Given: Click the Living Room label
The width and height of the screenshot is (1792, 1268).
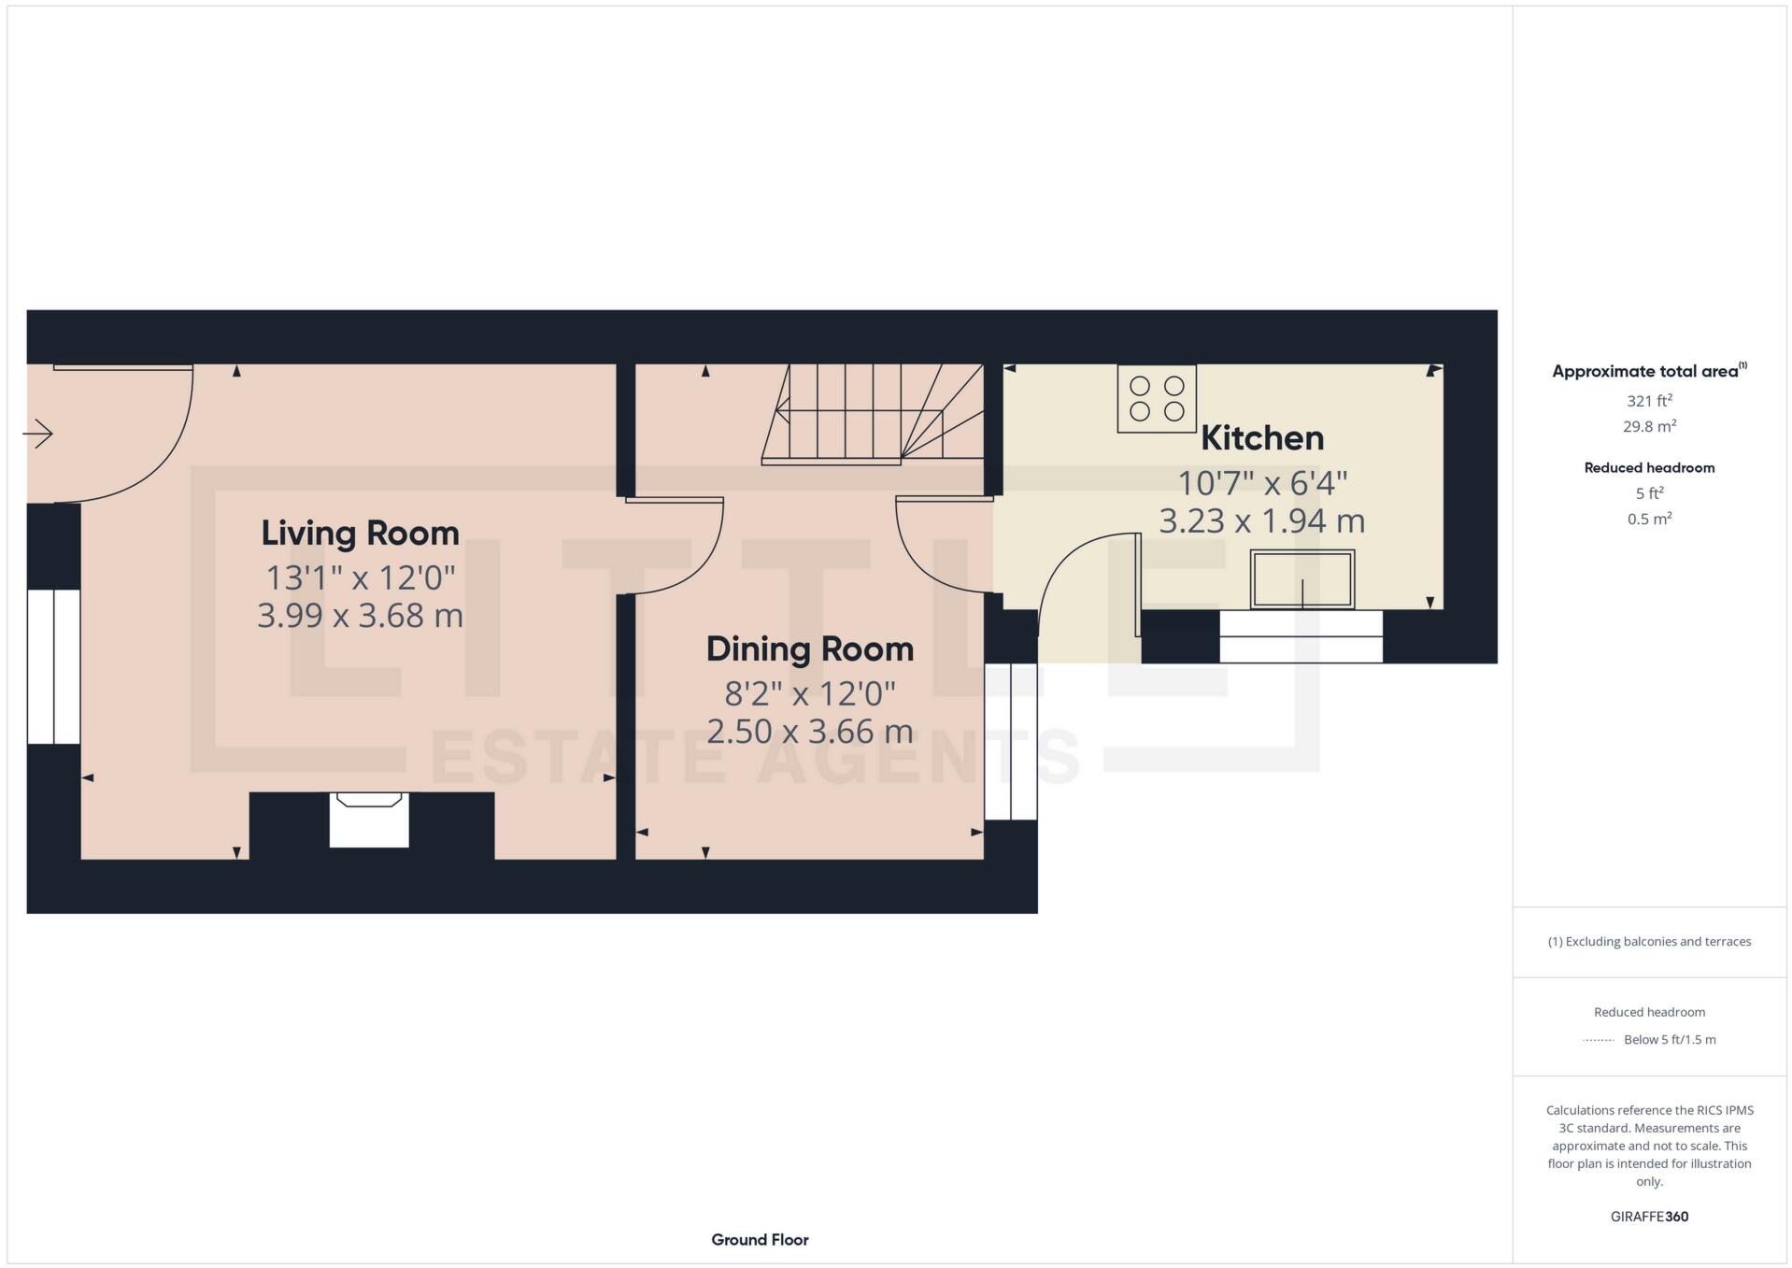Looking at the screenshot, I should pyautogui.click(x=360, y=533).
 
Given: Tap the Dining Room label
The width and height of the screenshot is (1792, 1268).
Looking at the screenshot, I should pyautogui.click(x=809, y=648).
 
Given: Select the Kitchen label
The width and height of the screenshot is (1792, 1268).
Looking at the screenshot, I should pyautogui.click(x=1261, y=437).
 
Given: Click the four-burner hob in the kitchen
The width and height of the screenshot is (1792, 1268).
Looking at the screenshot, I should pyautogui.click(x=1157, y=399).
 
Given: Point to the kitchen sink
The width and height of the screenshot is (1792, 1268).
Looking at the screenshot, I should pyautogui.click(x=1301, y=579).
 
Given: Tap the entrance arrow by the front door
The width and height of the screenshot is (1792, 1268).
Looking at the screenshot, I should pyautogui.click(x=38, y=434).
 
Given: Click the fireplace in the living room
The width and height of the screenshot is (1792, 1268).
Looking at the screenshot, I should pyautogui.click(x=369, y=819).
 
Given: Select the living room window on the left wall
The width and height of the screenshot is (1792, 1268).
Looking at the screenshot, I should pyautogui.click(x=53, y=666).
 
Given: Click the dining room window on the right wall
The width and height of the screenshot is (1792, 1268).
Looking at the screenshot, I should pyautogui.click(x=1011, y=742).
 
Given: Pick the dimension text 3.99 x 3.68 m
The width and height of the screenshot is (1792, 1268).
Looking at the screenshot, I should pyautogui.click(x=360, y=616).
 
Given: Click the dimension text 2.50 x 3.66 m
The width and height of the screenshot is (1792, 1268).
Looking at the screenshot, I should pyautogui.click(x=809, y=731).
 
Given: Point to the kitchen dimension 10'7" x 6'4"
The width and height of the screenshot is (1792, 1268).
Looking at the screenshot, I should pyautogui.click(x=1261, y=483).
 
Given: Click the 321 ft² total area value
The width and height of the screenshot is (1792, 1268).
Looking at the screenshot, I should pyautogui.click(x=1648, y=401).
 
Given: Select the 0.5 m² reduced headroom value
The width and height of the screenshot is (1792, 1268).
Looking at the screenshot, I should pyautogui.click(x=1648, y=519).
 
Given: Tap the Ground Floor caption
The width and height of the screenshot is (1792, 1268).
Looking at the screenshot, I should pyautogui.click(x=760, y=1240).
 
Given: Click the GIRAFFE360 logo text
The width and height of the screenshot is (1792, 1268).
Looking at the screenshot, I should pyautogui.click(x=1649, y=1217).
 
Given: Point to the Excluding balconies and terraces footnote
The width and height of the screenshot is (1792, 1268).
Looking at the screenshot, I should pyautogui.click(x=1649, y=942).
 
